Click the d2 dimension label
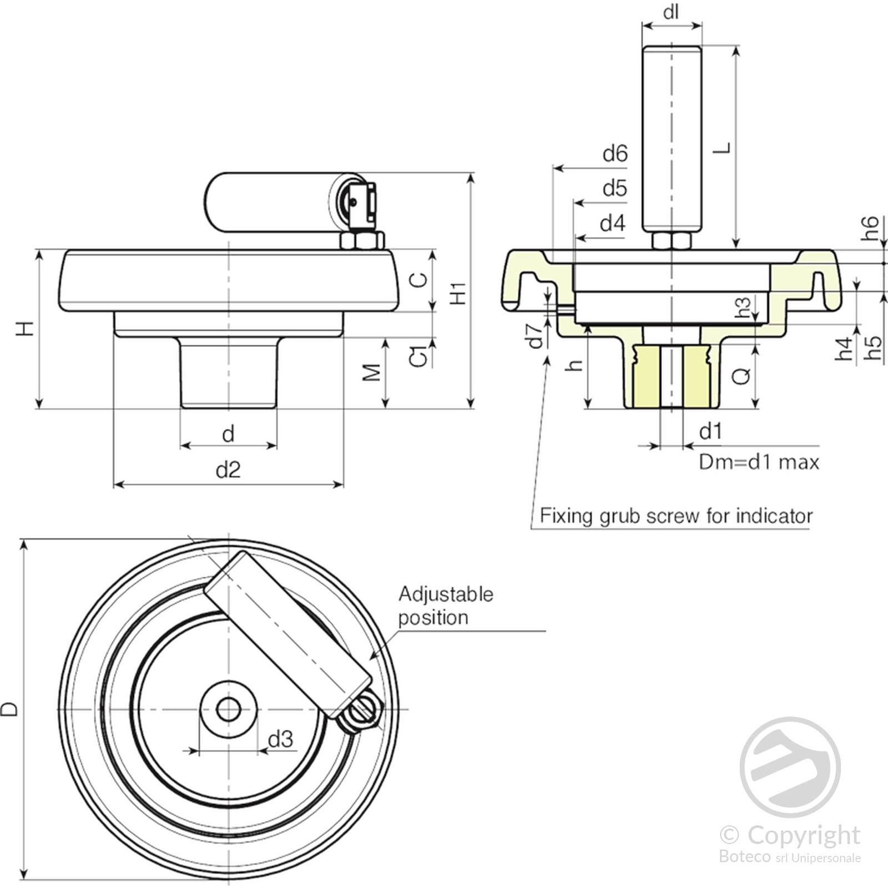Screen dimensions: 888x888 [x=228, y=470]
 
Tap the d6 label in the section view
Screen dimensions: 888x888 [x=615, y=153]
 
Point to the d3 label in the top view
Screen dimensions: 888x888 [x=280, y=739]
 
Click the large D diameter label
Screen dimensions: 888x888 [x=10, y=709]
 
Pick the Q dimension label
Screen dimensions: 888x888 [x=741, y=376]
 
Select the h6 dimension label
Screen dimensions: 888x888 [x=870, y=228]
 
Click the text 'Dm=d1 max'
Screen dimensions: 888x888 [x=759, y=462]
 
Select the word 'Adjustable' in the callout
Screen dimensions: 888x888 [x=446, y=594]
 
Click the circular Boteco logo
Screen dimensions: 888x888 [x=790, y=767]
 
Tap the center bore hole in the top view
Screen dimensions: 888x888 [x=228, y=709]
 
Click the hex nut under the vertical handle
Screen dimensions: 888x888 [x=672, y=241]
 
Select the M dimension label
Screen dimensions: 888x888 [x=372, y=372]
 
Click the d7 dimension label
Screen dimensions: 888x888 [x=535, y=336]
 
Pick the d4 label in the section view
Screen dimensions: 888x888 [x=613, y=223]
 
